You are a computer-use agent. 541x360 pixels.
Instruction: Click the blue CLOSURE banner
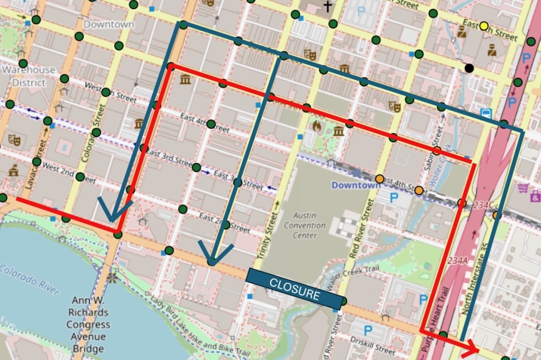coord(295,289)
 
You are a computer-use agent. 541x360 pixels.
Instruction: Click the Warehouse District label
coord(29,76)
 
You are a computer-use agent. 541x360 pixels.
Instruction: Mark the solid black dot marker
coord(469,68)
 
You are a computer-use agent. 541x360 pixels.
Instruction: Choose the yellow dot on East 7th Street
coord(484,26)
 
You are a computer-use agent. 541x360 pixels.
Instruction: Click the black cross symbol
coord(327,6)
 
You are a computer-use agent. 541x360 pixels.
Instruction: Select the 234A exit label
coord(458,261)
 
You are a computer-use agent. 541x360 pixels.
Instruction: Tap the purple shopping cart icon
coord(523,188)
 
